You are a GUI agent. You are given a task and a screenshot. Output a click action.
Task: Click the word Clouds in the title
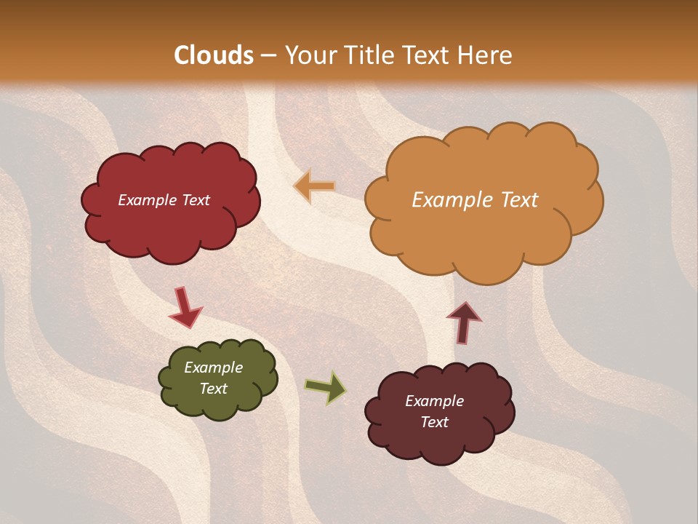214,55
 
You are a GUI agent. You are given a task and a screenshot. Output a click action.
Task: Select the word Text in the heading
430,55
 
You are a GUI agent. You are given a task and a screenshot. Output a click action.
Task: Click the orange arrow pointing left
315,186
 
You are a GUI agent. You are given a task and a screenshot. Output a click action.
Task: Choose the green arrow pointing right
326,387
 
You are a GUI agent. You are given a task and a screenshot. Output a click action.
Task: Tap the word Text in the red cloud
196,200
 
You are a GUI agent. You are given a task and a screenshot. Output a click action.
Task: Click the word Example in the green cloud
213,368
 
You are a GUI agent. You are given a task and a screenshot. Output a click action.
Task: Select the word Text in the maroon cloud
434,422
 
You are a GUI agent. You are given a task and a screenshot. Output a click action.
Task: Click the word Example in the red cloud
145,200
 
